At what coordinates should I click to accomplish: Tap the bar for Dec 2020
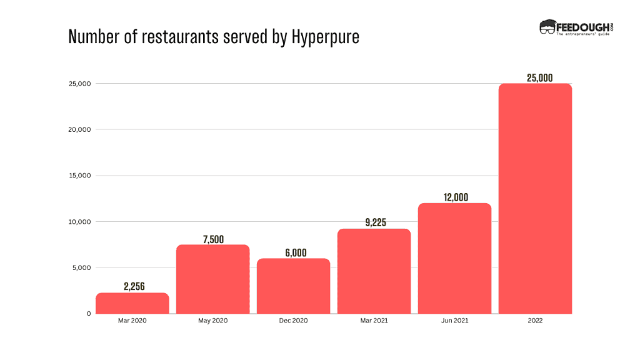click(294, 286)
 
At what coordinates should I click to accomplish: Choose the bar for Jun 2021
click(454, 258)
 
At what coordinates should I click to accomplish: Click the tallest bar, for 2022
click(535, 198)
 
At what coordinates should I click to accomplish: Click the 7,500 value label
click(213, 239)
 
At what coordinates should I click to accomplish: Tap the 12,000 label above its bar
click(454, 197)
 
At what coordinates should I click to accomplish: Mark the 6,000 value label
click(294, 252)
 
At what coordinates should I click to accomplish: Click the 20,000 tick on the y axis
click(80, 130)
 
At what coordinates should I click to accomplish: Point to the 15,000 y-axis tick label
click(80, 176)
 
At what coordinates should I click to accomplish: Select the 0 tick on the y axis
click(89, 314)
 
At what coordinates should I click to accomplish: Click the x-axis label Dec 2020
click(294, 321)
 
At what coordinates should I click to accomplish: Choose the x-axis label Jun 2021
click(454, 321)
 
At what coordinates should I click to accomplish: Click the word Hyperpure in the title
click(326, 37)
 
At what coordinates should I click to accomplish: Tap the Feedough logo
click(574, 28)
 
